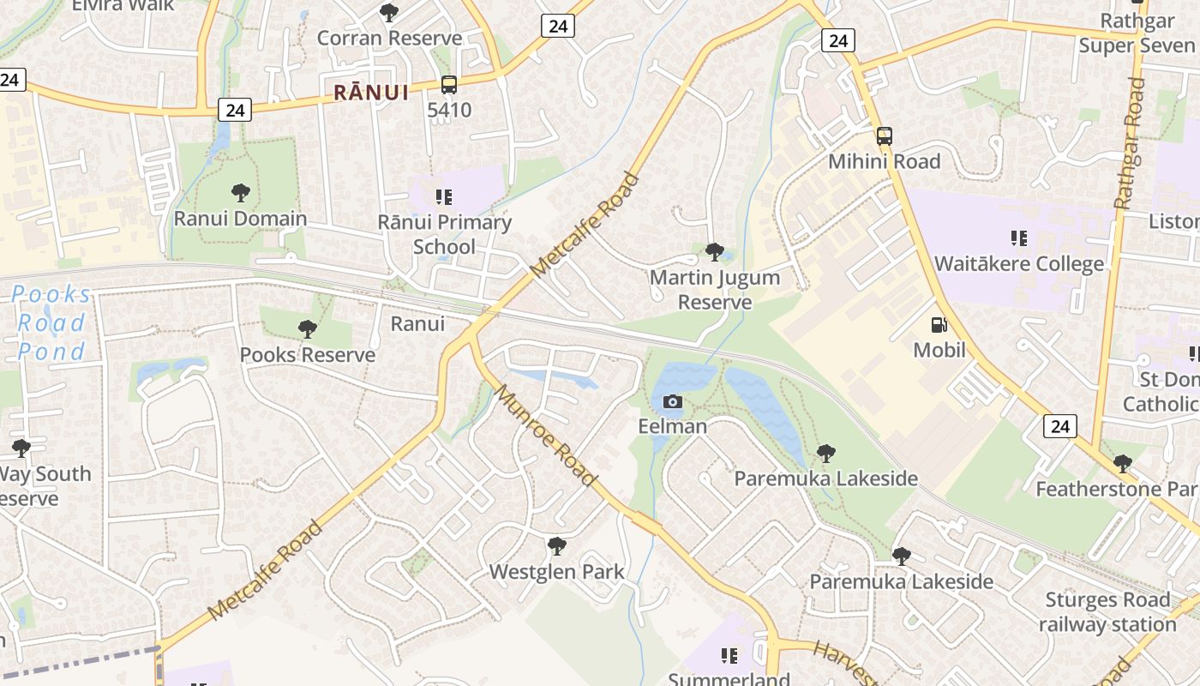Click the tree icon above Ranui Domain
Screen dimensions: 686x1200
pos(240,193)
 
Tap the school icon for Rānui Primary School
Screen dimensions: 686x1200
pos(443,197)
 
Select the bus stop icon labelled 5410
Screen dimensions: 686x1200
pos(449,85)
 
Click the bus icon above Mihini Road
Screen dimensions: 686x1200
pos(884,136)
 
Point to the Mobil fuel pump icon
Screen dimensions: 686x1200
pos(939,325)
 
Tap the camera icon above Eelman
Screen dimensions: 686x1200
pos(672,401)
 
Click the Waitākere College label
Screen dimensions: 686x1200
pos(1018,263)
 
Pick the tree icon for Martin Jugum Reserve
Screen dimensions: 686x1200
pos(714,252)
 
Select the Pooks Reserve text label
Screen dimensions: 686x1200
pos(307,354)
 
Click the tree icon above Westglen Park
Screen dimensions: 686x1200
pos(556,546)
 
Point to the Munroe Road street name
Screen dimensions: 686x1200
pos(546,436)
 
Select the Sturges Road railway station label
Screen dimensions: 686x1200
pos(1107,612)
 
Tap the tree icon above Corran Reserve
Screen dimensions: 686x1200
pos(389,13)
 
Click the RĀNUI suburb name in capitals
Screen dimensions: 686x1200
pos(371,93)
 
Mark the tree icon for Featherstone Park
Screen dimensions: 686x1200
pos(1122,464)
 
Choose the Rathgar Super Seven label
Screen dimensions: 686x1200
pos(1137,33)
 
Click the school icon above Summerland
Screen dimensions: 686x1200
pos(729,656)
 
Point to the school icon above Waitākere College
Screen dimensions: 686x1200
pos(1018,238)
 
